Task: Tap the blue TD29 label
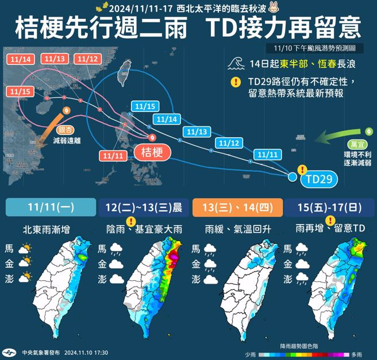(x=318, y=179)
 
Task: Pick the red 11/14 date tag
(x=20, y=59)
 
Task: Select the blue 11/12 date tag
(x=229, y=143)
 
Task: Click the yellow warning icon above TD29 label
(x=302, y=169)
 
